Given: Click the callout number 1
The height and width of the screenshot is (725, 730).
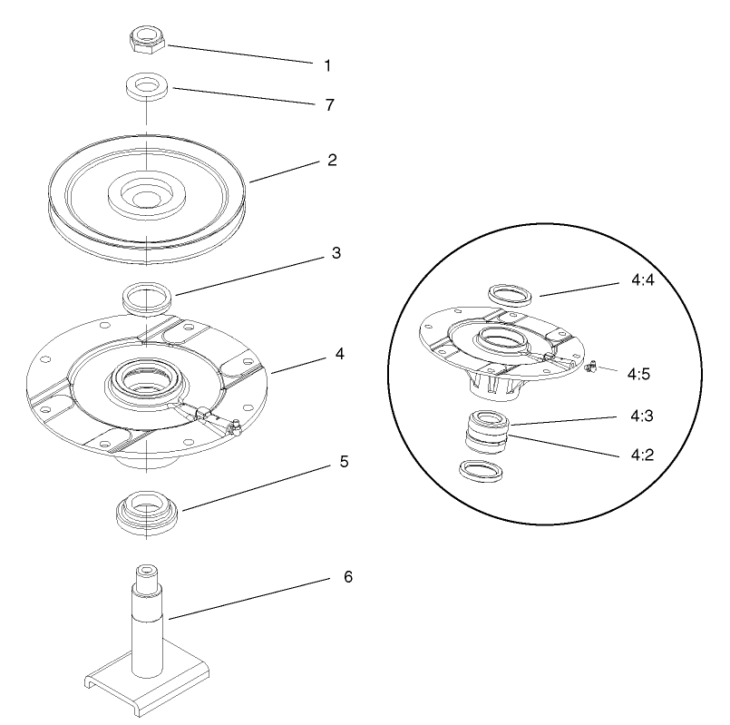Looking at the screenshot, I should click(327, 66).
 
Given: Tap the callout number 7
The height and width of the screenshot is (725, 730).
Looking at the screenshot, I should click(329, 105).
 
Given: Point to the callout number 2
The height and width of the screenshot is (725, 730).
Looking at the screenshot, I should click(332, 160).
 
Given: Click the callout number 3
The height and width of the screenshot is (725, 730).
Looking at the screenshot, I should click(336, 253).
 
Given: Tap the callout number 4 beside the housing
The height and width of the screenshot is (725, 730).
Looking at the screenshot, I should click(340, 353).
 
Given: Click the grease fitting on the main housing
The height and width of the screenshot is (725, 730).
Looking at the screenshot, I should click(234, 424).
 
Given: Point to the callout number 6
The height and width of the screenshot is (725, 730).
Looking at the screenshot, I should click(348, 577).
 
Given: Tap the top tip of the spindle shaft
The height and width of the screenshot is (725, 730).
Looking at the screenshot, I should click(147, 571).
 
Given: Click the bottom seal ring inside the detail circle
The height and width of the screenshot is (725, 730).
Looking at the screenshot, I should click(479, 471).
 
